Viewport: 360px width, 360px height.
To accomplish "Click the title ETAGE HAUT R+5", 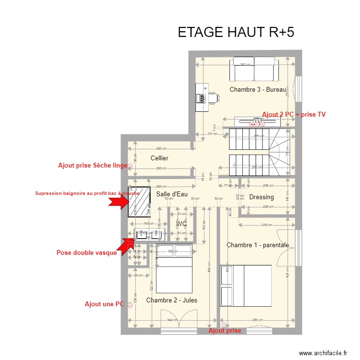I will click(x=236, y=32).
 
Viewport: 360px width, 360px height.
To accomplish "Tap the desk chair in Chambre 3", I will click(x=213, y=98).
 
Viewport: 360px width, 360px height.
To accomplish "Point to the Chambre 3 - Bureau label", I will click(x=257, y=90).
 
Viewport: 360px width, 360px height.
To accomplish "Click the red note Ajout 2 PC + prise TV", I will click(x=294, y=114).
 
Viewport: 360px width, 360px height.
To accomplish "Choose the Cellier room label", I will click(x=159, y=158).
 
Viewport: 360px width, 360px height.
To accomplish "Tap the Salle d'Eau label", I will click(x=171, y=194).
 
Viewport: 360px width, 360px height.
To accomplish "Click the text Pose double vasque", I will click(x=86, y=253).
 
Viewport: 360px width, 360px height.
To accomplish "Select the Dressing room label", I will click(x=262, y=197).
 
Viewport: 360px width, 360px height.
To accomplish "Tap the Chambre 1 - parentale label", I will click(x=258, y=245).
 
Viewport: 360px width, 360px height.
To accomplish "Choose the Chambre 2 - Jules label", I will click(x=171, y=300).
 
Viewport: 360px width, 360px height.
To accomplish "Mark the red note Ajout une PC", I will click(x=104, y=304).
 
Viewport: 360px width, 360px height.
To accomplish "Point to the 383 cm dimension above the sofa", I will click(x=246, y=64).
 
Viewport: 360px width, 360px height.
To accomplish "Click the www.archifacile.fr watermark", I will click(x=323, y=353).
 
